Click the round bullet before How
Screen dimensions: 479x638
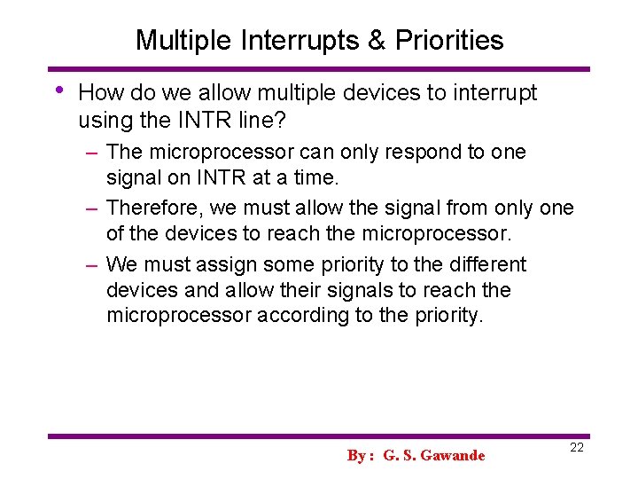pyautogui.click(x=58, y=90)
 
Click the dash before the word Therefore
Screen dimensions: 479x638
pyautogui.click(x=91, y=208)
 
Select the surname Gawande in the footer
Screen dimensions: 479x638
pyautogui.click(x=454, y=455)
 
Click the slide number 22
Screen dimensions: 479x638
pyautogui.click(x=576, y=448)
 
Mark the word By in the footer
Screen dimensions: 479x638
pyautogui.click(x=357, y=455)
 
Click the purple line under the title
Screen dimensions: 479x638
pyautogui.click(x=319, y=68)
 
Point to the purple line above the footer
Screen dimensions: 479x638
pyautogui.click(x=319, y=436)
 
